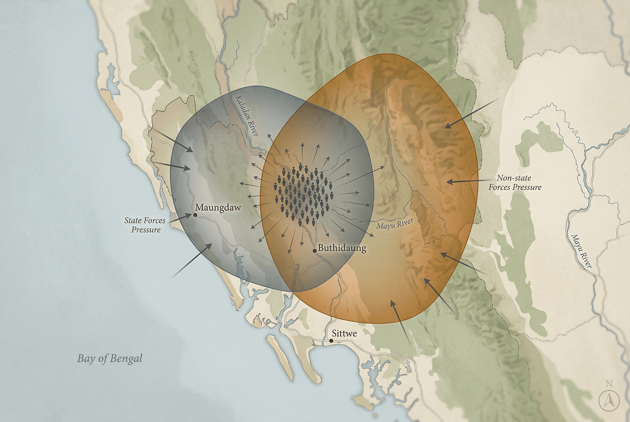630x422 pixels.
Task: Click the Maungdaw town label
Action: (218, 208)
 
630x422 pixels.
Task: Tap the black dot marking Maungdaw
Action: (195, 215)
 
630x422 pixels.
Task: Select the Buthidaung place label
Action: (342, 248)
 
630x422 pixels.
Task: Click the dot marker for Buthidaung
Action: (315, 251)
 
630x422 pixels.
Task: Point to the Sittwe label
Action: (344, 333)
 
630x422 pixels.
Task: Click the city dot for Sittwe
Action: (331, 341)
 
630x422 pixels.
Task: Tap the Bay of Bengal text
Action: (110, 358)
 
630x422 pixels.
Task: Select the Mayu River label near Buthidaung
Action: (394, 224)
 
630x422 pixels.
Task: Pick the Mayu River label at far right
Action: (581, 251)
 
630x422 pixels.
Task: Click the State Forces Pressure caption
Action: (145, 225)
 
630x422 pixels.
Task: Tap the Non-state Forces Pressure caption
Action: (514, 182)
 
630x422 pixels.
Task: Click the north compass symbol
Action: (609, 401)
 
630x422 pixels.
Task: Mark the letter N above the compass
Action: (609, 383)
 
